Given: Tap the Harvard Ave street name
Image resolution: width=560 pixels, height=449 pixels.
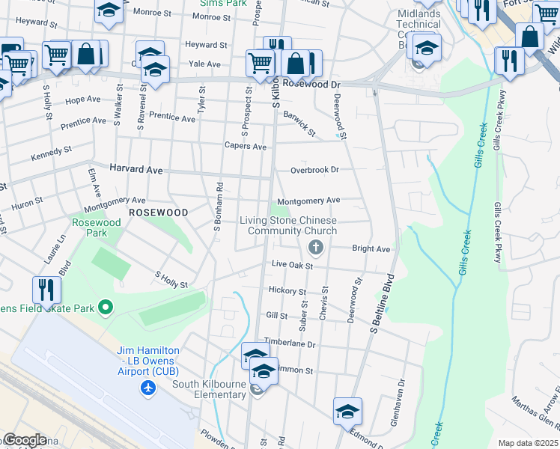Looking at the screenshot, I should (136, 170).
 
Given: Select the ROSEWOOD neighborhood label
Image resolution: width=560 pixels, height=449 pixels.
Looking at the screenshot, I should (157, 213).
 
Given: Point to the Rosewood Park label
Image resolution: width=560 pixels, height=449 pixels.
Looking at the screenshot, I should (96, 227).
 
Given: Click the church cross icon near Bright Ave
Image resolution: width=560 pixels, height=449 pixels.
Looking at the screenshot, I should (316, 247).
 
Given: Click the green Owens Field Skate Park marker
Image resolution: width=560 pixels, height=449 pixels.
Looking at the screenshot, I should (106, 308).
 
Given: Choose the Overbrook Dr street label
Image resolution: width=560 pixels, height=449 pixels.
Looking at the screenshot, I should (314, 170).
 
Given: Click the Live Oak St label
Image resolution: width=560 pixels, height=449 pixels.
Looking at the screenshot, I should (291, 264).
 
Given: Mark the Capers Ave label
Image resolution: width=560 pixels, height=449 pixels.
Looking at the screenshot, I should (245, 147).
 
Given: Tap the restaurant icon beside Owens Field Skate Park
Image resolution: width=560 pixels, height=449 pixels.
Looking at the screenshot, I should (46, 289).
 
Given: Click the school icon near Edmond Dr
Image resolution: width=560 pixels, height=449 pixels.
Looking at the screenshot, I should (347, 411).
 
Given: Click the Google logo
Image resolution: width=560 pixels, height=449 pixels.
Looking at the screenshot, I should (25, 440).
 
